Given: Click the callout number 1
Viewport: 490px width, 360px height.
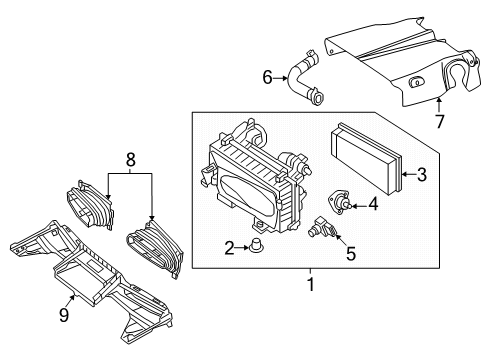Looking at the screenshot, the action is (x=311, y=285).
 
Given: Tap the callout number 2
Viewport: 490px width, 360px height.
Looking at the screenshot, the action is (x=229, y=248).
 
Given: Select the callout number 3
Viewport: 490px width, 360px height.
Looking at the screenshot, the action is (x=422, y=174).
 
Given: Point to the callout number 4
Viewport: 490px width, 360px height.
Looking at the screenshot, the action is (x=374, y=204).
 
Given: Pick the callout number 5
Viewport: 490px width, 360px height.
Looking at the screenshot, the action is (x=351, y=253).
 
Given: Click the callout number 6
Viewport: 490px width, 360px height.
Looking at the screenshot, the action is (x=268, y=78).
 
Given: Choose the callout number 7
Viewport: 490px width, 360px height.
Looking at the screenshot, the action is (x=440, y=121).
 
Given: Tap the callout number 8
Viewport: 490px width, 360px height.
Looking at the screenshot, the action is (x=131, y=159).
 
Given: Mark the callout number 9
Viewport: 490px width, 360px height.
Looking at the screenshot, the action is (x=64, y=315).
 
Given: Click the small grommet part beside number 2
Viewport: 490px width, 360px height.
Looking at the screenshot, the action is (x=255, y=246).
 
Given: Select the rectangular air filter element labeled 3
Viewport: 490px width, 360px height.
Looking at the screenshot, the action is (x=366, y=159).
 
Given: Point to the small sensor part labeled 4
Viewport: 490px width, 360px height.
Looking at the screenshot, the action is (x=339, y=202).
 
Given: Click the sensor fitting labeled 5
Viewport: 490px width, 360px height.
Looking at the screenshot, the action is (x=321, y=228).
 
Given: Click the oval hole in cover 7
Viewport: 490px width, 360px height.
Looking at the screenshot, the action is (x=417, y=81).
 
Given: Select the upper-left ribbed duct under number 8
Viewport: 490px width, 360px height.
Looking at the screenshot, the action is (x=91, y=205).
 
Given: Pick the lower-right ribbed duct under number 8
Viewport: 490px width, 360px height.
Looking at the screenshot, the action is (x=156, y=248).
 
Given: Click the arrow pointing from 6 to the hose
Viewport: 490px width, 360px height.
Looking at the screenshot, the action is (x=281, y=78).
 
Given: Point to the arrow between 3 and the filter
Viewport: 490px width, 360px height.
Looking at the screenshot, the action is (x=409, y=174).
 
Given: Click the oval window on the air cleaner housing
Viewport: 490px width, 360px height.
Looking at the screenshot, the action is (x=247, y=195).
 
